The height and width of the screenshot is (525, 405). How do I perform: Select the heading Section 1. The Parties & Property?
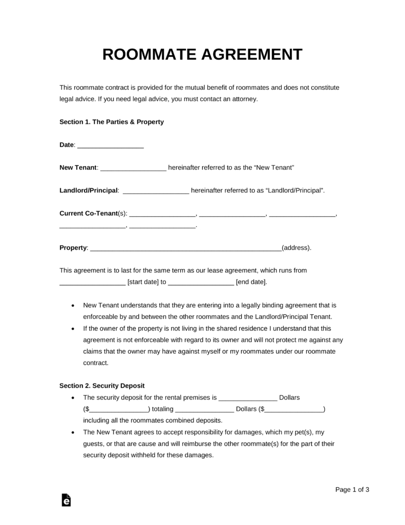tap(112, 122)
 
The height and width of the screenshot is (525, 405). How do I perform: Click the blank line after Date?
tap(111, 146)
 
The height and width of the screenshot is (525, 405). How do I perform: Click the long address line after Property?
tap(185, 249)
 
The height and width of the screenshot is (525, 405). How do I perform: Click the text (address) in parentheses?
tap(296, 248)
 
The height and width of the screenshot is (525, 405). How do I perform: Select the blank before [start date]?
tap(92, 282)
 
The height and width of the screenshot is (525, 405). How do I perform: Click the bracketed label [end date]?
tap(251, 281)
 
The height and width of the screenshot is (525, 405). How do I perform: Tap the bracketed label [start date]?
tap(143, 281)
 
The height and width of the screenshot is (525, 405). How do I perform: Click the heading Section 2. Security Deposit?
tap(102, 386)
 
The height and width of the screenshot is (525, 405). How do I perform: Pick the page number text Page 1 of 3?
tap(352, 490)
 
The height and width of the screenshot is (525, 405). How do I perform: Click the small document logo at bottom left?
tap(66, 500)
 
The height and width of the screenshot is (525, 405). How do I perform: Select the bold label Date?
tap(67, 145)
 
